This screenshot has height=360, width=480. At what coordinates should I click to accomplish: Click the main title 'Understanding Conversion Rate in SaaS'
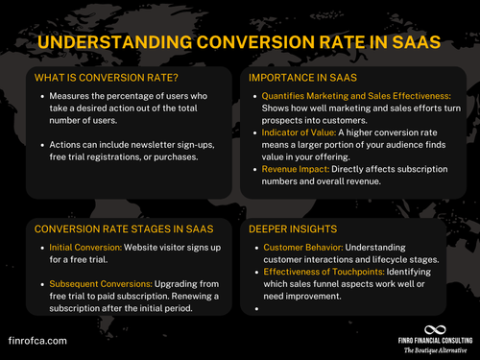pos(239,43)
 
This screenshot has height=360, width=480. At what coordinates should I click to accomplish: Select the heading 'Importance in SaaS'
pos(299,78)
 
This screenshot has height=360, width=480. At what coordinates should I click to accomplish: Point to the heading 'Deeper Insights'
pos(291,228)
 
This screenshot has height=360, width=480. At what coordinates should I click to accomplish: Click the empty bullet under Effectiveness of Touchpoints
pos(258,309)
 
